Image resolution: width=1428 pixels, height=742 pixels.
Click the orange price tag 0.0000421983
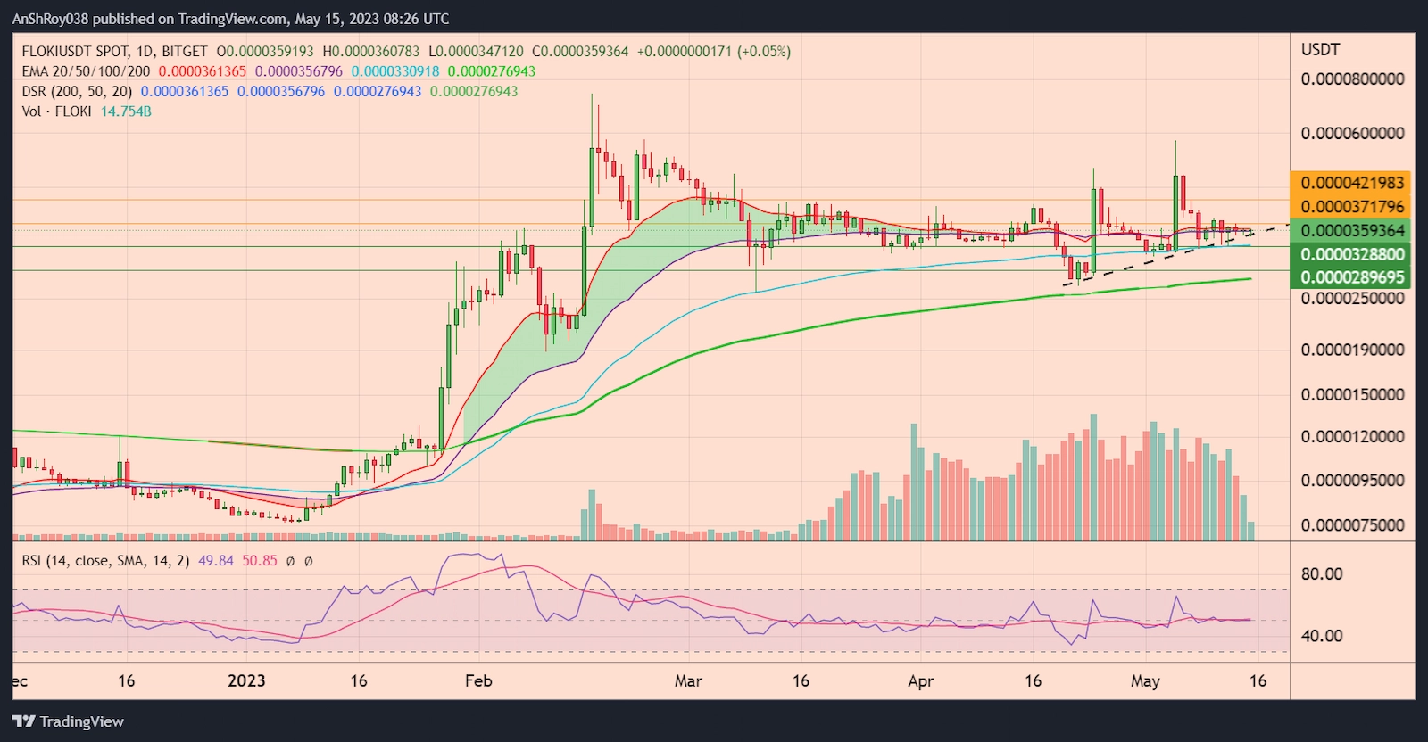pyautogui.click(x=1351, y=183)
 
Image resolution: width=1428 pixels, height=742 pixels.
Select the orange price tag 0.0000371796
pyautogui.click(x=1351, y=206)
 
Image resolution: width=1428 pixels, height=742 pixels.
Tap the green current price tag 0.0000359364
pyautogui.click(x=1351, y=230)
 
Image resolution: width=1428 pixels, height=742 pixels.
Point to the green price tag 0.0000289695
pyautogui.click(x=1351, y=277)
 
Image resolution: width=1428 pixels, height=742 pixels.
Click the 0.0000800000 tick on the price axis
pyautogui.click(x=1351, y=78)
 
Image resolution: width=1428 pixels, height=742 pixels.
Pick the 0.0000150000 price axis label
pyautogui.click(x=1351, y=394)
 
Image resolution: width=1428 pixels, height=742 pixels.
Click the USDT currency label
pyautogui.click(x=1320, y=50)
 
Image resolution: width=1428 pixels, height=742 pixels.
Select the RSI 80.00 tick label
pyautogui.click(x=1321, y=573)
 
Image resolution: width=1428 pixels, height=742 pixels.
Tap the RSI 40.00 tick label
pyautogui.click(x=1321, y=636)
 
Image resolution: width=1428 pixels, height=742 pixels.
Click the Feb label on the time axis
pyautogui.click(x=478, y=680)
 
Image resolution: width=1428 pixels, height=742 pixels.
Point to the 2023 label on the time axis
pyautogui.click(x=246, y=680)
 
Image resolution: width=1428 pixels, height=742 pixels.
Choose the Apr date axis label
pyautogui.click(x=920, y=680)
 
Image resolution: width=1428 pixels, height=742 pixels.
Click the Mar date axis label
pyautogui.click(x=687, y=680)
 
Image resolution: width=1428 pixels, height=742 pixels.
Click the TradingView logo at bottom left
pyautogui.click(x=68, y=721)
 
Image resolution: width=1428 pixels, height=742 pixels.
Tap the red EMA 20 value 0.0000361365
pyautogui.click(x=203, y=71)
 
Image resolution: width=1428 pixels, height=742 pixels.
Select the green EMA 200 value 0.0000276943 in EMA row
pyautogui.click(x=491, y=71)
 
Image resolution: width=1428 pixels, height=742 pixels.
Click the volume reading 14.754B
pyautogui.click(x=126, y=111)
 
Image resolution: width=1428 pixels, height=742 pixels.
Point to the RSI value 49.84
pyautogui.click(x=216, y=561)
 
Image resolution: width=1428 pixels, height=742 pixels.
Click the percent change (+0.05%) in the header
pyautogui.click(x=763, y=52)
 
